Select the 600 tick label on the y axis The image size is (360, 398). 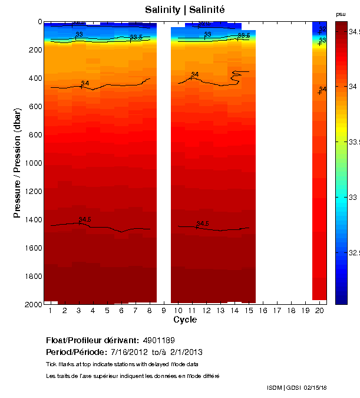pyautogui.click(x=35, y=107)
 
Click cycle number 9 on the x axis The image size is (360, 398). pyautogui.click(x=164, y=310)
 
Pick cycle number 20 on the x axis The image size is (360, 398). pyautogui.click(x=319, y=310)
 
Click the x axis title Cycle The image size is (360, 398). pyautogui.click(x=185, y=320)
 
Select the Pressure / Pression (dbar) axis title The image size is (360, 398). pyautogui.click(x=17, y=163)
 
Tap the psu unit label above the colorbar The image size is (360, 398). pyautogui.click(x=341, y=14)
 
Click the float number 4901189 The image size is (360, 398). pyautogui.click(x=158, y=340)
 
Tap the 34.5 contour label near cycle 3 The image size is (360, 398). pyautogui.click(x=85, y=219)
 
